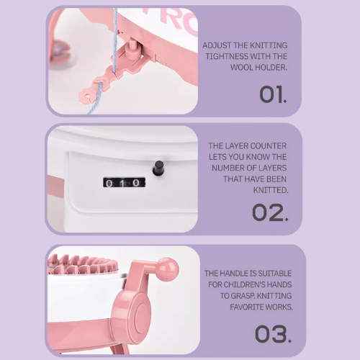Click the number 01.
[273, 94]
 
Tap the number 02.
[270, 212]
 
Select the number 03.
[273, 334]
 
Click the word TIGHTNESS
[226, 56]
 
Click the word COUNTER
[269, 145]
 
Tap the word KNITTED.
[271, 190]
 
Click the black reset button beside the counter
[158, 167]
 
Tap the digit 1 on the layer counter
[122, 184]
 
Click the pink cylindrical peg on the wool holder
[132, 47]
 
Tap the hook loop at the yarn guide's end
[86, 96]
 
